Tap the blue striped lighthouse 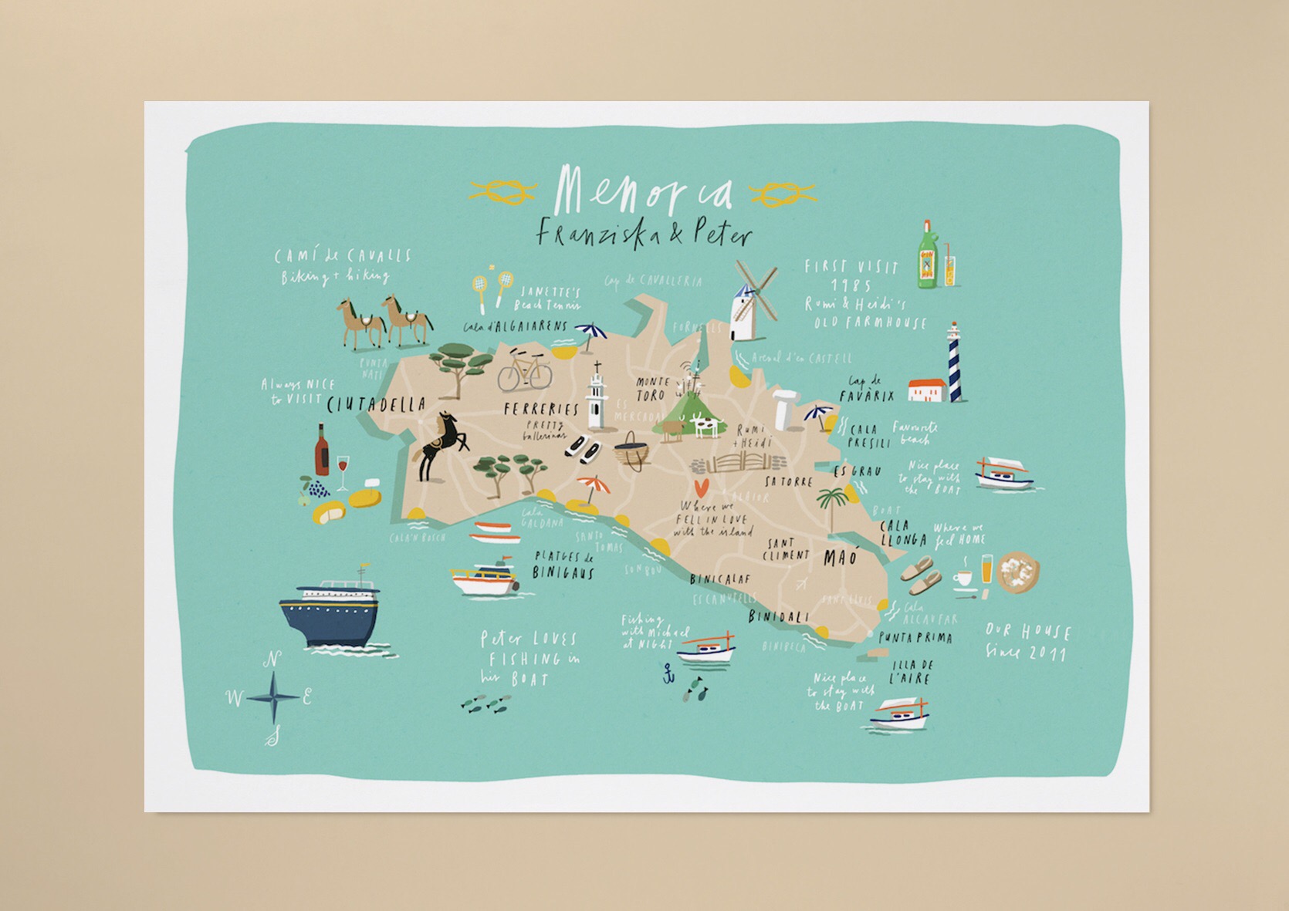pyautogui.click(x=955, y=363)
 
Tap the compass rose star pyautogui.click(x=274, y=697)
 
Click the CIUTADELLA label pyautogui.click(x=377, y=404)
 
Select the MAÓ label pyautogui.click(x=840, y=557)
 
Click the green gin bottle pyautogui.click(x=926, y=257)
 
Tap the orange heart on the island pyautogui.click(x=701, y=488)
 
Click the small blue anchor pyautogui.click(x=668, y=675)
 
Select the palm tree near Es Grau pyautogui.click(x=834, y=504)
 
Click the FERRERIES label pyautogui.click(x=540, y=409)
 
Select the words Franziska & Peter pyautogui.click(x=644, y=233)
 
